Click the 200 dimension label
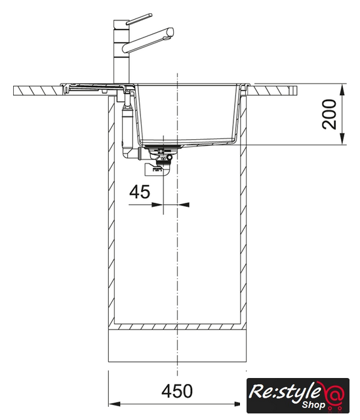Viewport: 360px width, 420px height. [329, 114]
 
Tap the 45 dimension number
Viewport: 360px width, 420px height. [140, 192]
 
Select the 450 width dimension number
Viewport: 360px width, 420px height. [177, 391]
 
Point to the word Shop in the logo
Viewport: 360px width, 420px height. [313, 405]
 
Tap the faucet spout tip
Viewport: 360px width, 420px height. [170, 33]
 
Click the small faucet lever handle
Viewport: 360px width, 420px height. [139, 19]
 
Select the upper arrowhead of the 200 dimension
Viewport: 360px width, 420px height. [342, 89]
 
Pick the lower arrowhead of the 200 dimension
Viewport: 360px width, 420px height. [342, 139]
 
